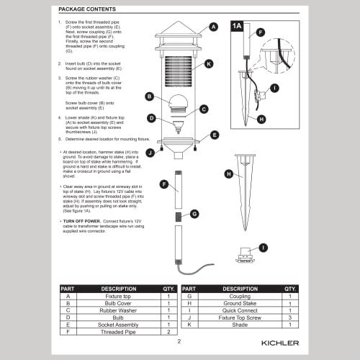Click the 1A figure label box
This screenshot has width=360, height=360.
point(237,26)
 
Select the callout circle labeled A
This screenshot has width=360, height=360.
point(213,27)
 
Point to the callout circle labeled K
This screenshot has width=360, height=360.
point(208,64)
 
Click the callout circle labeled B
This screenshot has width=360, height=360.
point(150,96)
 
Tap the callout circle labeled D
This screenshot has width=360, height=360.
point(151,118)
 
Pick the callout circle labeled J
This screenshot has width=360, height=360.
point(150,152)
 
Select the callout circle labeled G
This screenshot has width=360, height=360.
point(194,214)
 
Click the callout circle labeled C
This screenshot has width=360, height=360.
point(204,109)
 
